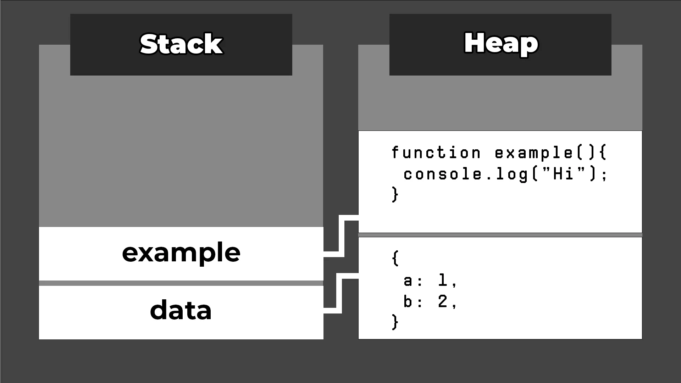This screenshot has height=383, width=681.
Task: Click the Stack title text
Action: [181, 44]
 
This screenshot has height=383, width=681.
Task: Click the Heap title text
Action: [500, 43]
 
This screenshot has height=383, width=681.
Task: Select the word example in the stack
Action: [181, 253]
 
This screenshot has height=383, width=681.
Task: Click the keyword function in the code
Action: [436, 153]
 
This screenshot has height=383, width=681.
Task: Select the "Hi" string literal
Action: [564, 173]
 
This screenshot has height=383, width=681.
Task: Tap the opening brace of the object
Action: [395, 258]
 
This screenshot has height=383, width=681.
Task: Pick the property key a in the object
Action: [408, 281]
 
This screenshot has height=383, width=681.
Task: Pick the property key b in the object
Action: [408, 302]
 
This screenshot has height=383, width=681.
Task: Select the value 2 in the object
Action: [442, 301]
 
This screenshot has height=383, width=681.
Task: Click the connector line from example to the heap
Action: [342, 236]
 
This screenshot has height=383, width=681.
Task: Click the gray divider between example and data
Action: [181, 283]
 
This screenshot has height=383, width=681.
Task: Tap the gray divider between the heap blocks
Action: [500, 235]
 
